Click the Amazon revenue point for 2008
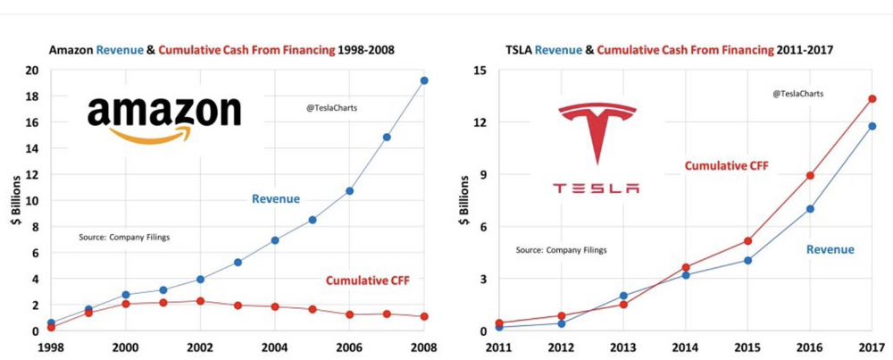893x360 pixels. pyautogui.click(x=424, y=80)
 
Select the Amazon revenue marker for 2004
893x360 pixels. pyautogui.click(x=275, y=240)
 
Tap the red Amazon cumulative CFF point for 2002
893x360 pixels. pyautogui.click(x=200, y=301)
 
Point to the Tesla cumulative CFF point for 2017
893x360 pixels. pyautogui.click(x=872, y=99)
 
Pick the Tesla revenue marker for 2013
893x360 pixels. pyautogui.click(x=622, y=296)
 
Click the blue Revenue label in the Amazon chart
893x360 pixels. pyautogui.click(x=275, y=198)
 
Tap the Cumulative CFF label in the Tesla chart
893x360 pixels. pyautogui.click(x=726, y=165)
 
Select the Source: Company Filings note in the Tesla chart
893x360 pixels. pyautogui.click(x=561, y=250)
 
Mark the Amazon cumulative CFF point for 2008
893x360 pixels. pyautogui.click(x=424, y=316)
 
